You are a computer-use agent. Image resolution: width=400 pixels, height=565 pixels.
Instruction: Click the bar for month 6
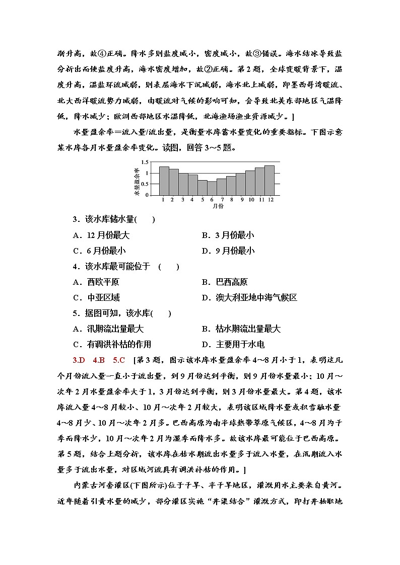(x=212, y=188)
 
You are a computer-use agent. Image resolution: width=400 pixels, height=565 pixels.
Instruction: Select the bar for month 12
(x=270, y=180)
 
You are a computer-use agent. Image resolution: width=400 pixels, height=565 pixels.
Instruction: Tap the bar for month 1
(x=164, y=181)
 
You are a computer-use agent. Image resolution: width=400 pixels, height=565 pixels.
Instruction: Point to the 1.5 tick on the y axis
(x=146, y=163)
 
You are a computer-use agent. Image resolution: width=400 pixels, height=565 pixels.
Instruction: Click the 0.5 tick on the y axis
(x=146, y=184)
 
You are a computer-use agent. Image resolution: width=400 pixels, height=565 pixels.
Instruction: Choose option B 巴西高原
(x=224, y=282)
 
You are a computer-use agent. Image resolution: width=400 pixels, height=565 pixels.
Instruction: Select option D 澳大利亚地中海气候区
(x=249, y=297)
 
